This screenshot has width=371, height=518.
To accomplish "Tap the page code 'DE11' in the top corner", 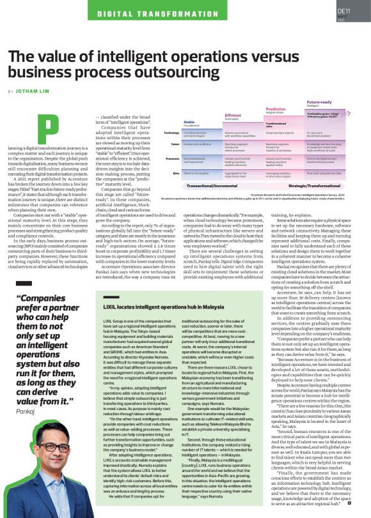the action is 343,11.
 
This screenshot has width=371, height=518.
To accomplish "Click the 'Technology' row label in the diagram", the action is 171,133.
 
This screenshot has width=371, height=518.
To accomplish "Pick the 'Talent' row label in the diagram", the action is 174,144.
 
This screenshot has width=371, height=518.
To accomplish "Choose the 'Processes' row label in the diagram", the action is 171,158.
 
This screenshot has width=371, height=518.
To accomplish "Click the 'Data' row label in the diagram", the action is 175,173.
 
